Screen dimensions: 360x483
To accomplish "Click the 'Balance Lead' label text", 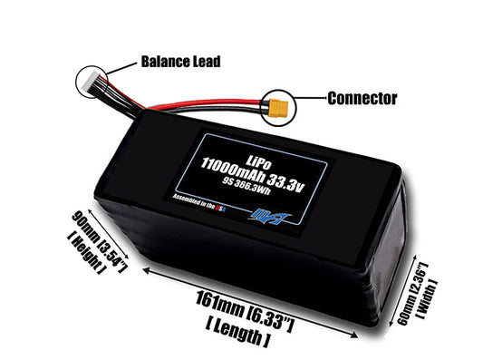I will (179, 62).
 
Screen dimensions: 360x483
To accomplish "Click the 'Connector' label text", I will (360, 97).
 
